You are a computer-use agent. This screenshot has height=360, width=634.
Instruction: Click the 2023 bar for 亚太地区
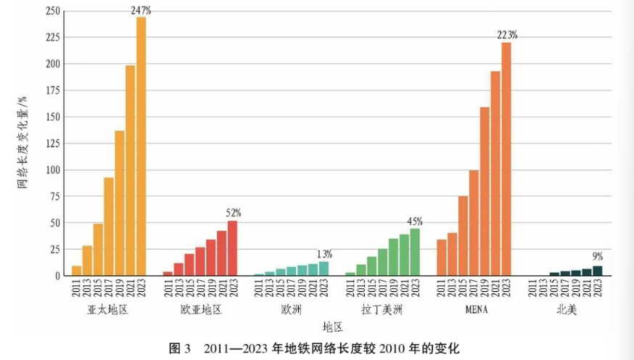click(x=141, y=146)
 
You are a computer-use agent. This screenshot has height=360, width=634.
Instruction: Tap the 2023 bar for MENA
click(x=506, y=159)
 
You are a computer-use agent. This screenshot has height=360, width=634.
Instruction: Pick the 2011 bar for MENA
click(x=441, y=258)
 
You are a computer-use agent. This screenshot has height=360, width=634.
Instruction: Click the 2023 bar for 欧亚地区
click(x=232, y=247)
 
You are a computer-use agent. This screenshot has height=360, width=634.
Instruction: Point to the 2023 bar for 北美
click(x=597, y=271)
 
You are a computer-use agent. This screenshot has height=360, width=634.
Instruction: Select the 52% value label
click(x=233, y=213)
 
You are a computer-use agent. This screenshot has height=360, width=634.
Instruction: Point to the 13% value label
click(x=324, y=254)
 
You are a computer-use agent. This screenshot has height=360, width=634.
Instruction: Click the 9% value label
click(x=597, y=256)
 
